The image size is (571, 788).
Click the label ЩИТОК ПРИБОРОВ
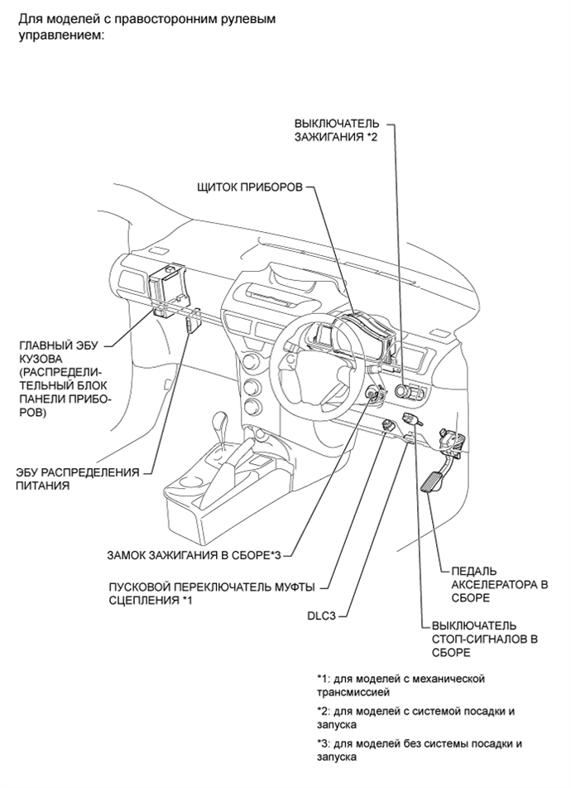pos(249,187)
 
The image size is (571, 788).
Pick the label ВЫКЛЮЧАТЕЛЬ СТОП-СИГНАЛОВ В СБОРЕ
pos(479,639)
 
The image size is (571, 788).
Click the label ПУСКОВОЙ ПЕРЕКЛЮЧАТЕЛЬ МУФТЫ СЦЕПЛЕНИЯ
pos(211,593)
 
